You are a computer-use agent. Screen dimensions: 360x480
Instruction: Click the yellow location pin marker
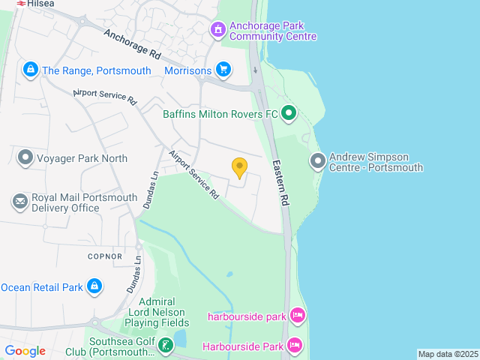(239, 167)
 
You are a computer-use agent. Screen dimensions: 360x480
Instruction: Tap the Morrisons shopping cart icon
(223, 70)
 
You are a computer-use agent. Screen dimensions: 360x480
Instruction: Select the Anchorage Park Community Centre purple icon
(217, 29)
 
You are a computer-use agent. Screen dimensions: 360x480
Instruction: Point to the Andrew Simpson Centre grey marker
(318, 161)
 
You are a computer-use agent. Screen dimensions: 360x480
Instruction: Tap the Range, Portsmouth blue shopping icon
(30, 70)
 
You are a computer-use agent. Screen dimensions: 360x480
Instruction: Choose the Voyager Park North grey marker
(25, 158)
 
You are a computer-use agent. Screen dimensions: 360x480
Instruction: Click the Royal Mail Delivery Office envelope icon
(19, 202)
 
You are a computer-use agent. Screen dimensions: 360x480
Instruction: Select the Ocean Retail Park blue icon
(94, 286)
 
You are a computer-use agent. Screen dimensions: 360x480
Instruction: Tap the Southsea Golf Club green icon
(165, 346)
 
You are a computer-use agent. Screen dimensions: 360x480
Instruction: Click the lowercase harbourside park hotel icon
(297, 316)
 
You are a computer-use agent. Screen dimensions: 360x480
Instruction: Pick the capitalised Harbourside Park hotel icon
(295, 346)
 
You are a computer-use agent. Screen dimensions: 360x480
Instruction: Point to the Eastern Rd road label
(280, 184)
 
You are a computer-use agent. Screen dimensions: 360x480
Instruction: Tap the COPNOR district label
(104, 256)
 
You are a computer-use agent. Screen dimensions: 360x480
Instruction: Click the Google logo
(25, 351)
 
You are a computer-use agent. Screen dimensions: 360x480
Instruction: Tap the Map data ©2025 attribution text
(448, 354)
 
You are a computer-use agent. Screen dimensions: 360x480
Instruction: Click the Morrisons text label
(187, 70)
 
